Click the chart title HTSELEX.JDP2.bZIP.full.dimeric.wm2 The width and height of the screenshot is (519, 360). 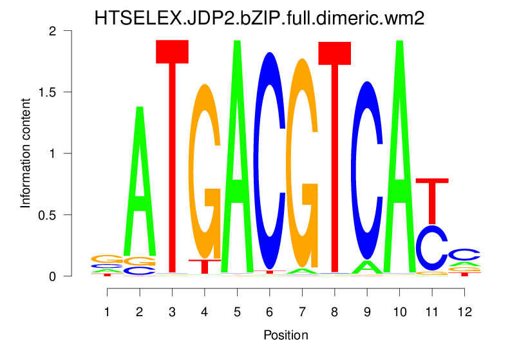pyautogui.click(x=259, y=17)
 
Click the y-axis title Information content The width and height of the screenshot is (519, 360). pyautogui.click(x=26, y=153)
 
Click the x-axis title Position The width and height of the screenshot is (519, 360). pyautogui.click(x=285, y=336)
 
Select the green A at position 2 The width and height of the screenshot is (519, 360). pyautogui.click(x=139, y=187)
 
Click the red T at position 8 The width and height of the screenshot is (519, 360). pyautogui.click(x=334, y=155)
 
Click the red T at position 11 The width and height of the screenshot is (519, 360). pyautogui.click(x=432, y=200)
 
